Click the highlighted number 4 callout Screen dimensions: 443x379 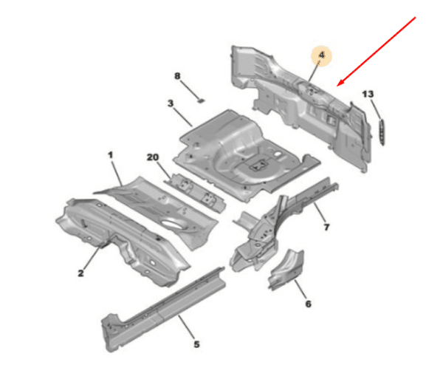321,55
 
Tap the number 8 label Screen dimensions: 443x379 177,76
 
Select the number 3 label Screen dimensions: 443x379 171,103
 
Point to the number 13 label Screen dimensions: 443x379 368,94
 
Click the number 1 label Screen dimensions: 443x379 111,155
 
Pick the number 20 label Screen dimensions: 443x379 153,157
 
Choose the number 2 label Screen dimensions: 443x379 80,273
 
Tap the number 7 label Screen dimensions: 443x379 326,227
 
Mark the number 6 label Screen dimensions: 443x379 308,304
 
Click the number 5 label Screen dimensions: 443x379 196,344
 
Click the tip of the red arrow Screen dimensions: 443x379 337,86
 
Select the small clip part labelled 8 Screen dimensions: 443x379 201,100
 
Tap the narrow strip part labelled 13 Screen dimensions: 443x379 382,132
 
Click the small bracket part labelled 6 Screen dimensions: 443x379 286,270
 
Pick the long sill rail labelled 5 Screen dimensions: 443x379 164,310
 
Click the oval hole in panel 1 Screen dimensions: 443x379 172,223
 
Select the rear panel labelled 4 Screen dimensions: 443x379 300,107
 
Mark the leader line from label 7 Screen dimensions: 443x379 318,213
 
